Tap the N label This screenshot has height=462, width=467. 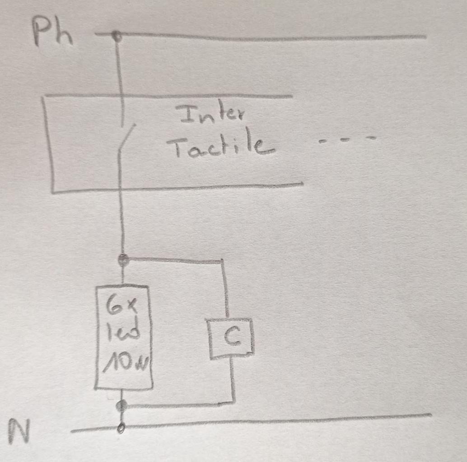pos(19,431)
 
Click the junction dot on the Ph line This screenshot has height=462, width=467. pos(117,36)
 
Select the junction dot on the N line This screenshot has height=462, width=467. pos(121,427)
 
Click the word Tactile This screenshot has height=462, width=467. pos(220,146)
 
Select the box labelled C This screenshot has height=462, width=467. pos(231,338)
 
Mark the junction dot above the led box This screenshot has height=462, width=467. pos(123,259)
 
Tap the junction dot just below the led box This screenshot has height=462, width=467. pos(121,406)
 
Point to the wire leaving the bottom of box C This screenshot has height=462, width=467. pos(232,379)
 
